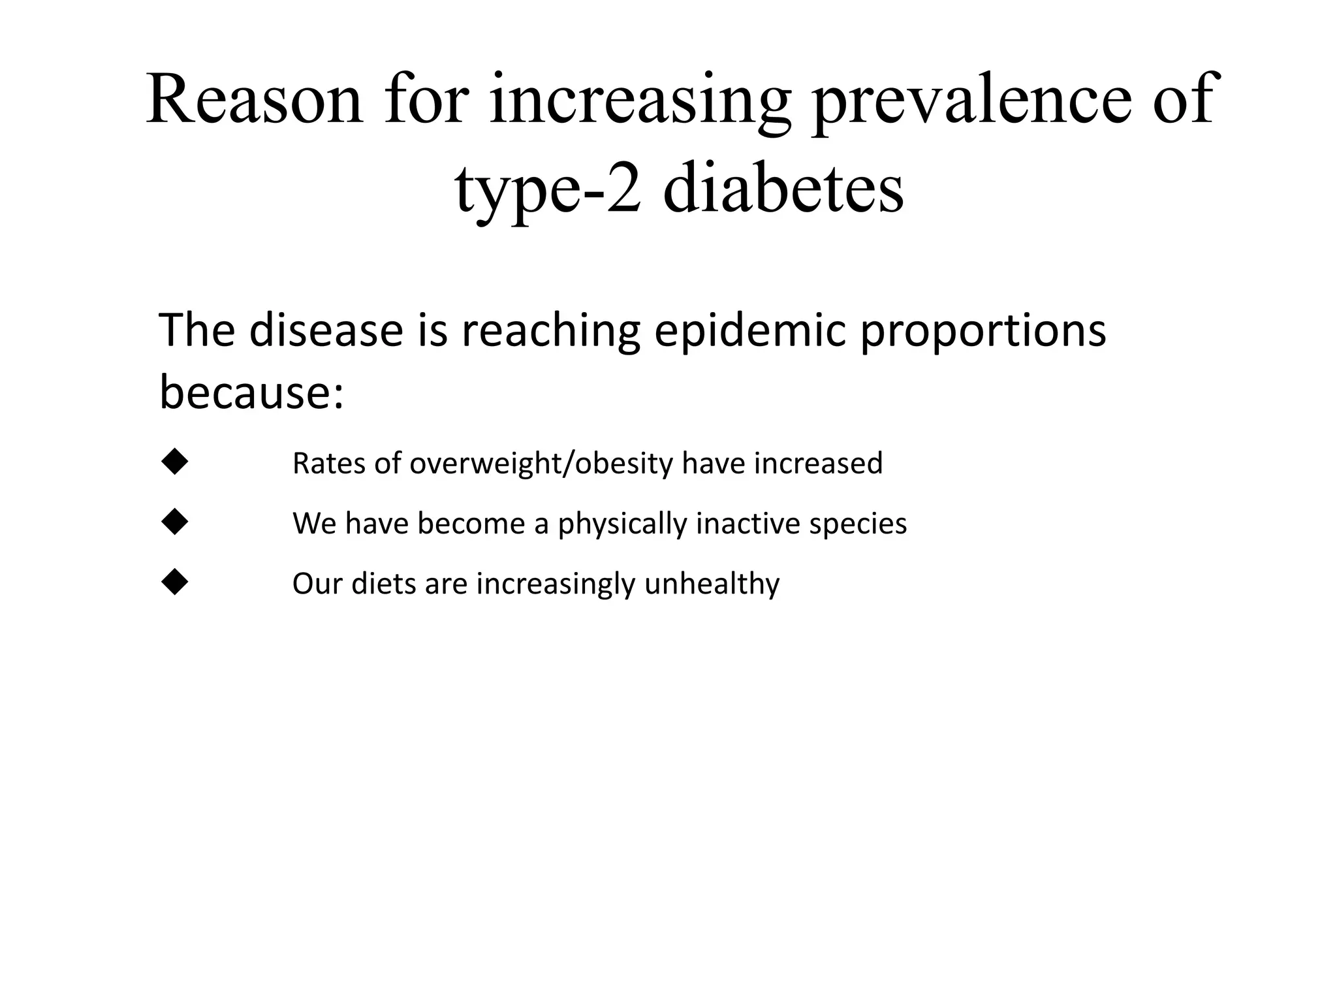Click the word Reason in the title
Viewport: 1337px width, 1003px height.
(254, 99)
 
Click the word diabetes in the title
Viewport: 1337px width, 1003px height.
(783, 189)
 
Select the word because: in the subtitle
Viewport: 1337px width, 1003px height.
(251, 392)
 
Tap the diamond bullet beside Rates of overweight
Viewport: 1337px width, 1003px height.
(174, 462)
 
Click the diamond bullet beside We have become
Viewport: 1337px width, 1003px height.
(174, 522)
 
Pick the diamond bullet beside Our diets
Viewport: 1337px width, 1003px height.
(174, 582)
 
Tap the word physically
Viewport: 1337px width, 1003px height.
(622, 524)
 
